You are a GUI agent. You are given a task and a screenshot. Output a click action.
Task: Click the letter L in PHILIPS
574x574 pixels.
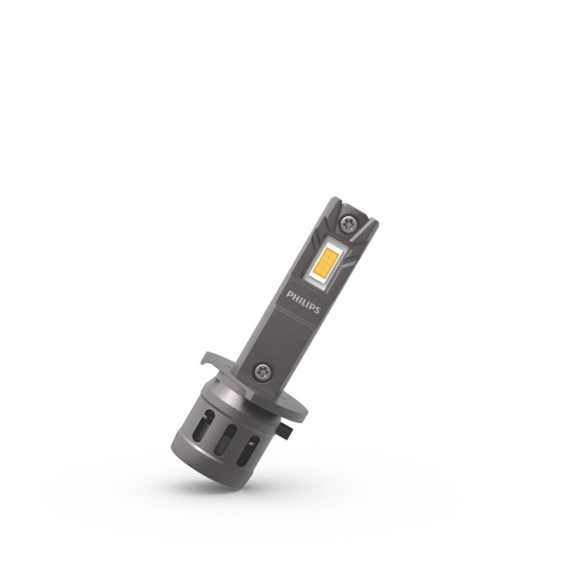305,303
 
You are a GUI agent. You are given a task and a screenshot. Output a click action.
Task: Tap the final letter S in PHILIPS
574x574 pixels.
317,310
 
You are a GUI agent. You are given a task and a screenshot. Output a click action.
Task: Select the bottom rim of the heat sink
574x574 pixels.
213,478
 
